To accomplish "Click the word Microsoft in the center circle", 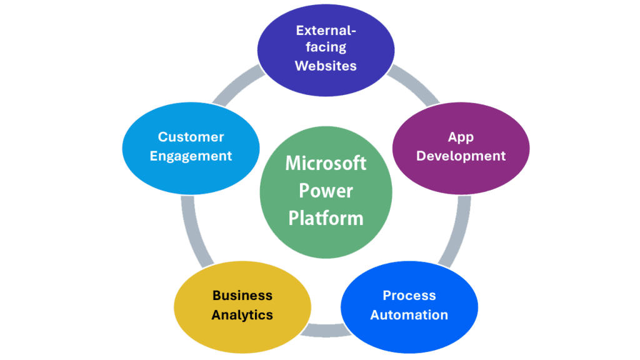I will [326, 163].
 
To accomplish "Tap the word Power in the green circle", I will [326, 190].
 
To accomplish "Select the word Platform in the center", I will [326, 217].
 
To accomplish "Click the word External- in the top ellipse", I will [326, 30].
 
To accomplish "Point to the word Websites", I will [326, 66].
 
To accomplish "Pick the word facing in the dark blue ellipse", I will [326, 47].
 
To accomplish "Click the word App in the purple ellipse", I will [461, 137].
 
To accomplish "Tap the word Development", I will [461, 156].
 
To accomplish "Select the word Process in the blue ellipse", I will [409, 296].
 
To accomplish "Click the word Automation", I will [409, 315].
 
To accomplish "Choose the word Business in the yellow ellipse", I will [242, 296].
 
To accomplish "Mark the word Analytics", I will [242, 315].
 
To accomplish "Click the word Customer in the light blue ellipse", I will [191, 137].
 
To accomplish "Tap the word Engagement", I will [191, 156].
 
